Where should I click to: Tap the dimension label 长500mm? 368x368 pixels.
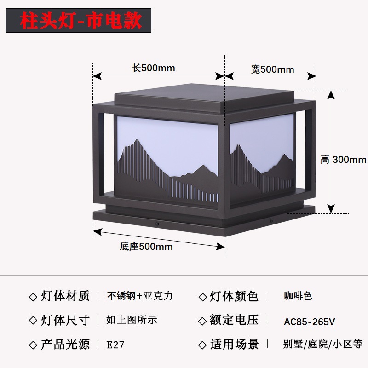pos(154,69)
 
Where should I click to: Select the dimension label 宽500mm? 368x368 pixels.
pos(272,69)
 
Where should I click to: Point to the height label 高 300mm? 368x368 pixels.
pos(344,160)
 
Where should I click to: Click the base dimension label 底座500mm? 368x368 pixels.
pos(146,247)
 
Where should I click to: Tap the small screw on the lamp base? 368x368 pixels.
pos(156,224)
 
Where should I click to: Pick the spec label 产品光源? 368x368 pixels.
pos(65,344)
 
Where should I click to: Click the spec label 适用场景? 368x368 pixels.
pos(234,344)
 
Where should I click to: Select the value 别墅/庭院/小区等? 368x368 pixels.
pos(323,344)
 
